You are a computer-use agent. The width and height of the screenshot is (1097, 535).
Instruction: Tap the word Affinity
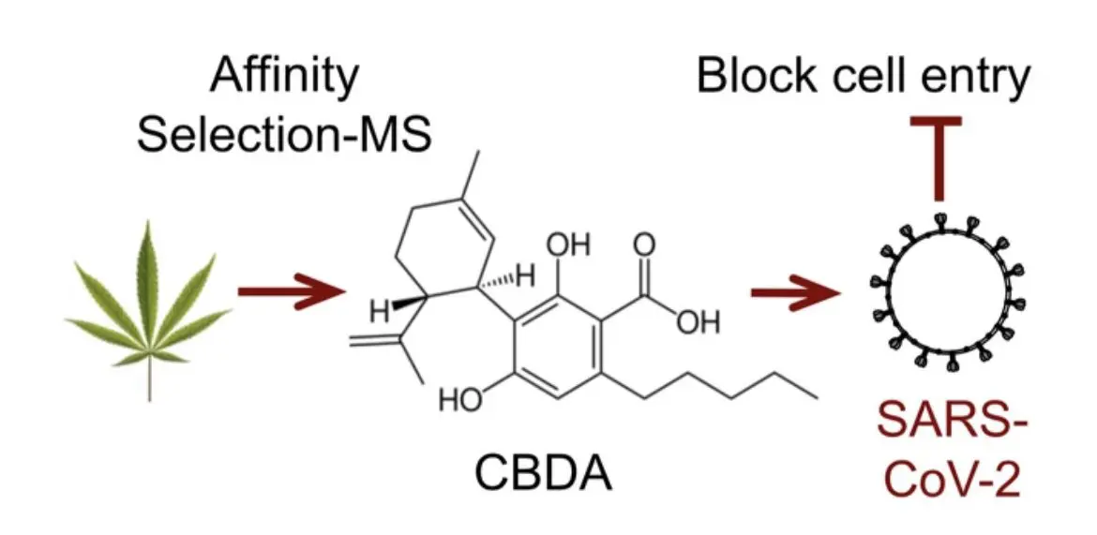point(283,77)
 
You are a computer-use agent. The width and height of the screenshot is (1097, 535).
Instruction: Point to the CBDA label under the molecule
point(543,474)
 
